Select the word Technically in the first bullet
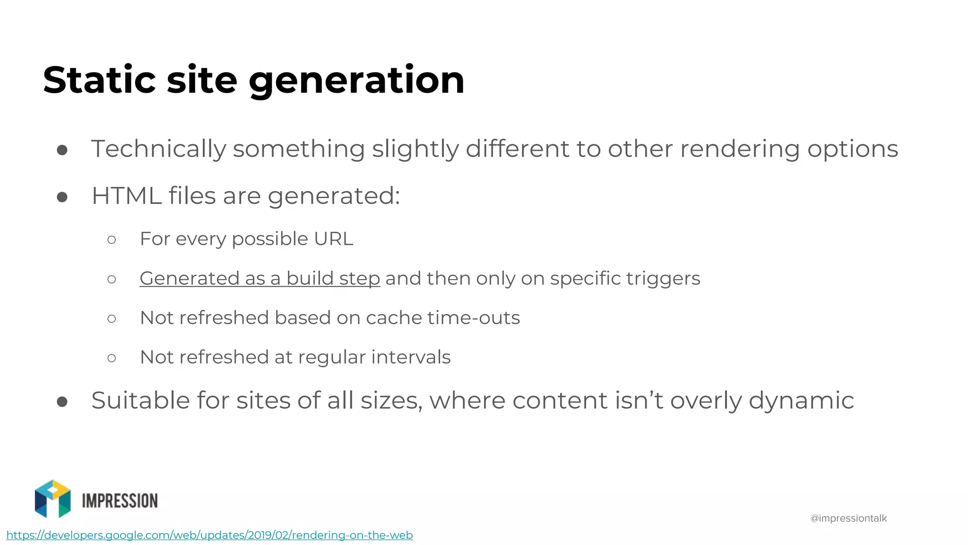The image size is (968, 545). (x=158, y=149)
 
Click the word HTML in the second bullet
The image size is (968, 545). (x=126, y=196)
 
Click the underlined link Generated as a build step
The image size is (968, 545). (x=259, y=279)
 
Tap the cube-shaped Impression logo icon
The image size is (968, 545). (x=53, y=499)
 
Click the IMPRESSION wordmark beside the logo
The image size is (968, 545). (x=120, y=501)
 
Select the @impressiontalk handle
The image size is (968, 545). (x=848, y=519)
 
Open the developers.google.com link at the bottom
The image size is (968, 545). (x=209, y=535)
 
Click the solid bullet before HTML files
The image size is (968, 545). (x=62, y=197)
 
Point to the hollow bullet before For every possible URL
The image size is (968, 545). (x=112, y=240)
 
